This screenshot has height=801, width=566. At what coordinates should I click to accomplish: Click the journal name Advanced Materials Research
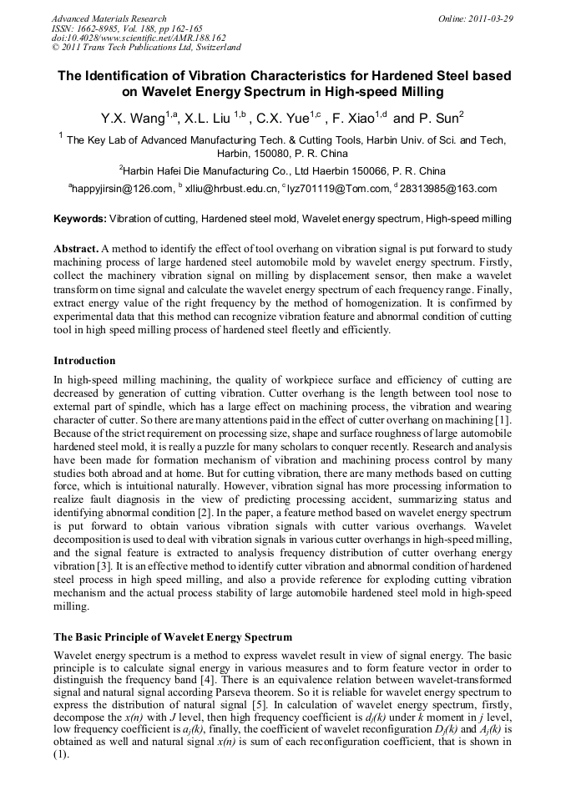109,18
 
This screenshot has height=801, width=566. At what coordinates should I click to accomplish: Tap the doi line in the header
139,38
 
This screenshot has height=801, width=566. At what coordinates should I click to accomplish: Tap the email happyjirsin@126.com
122,190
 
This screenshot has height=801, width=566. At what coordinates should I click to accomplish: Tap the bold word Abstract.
76,250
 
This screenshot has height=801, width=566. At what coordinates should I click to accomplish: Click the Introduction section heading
84,361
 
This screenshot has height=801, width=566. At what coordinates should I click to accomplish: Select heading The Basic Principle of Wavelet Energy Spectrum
173,637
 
